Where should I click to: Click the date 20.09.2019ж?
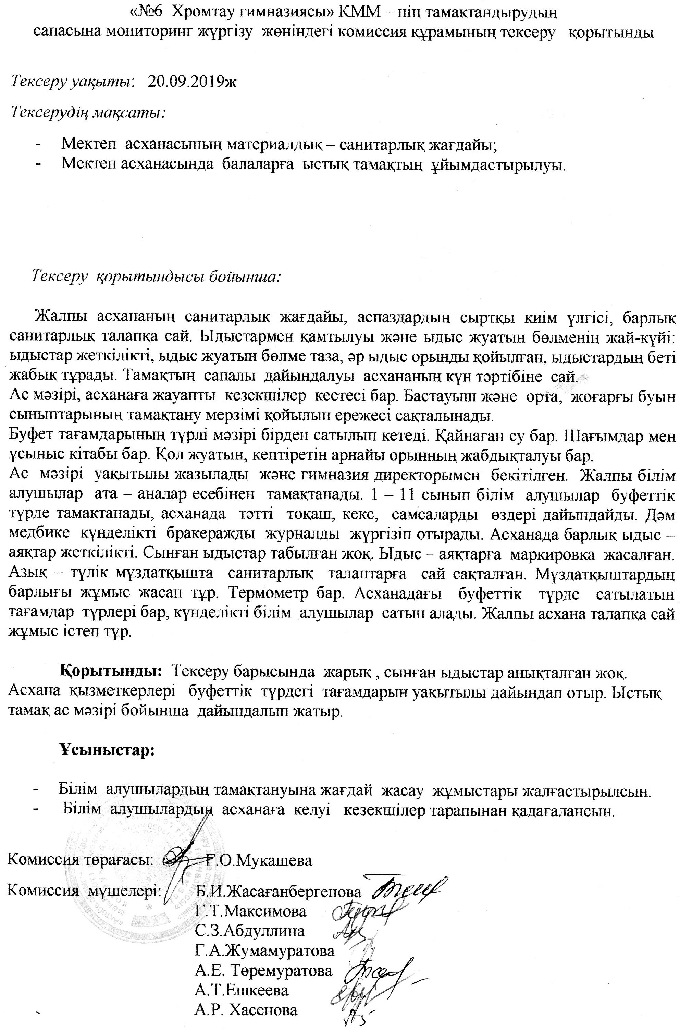tap(192, 81)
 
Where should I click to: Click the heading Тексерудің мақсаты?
tap(88, 112)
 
